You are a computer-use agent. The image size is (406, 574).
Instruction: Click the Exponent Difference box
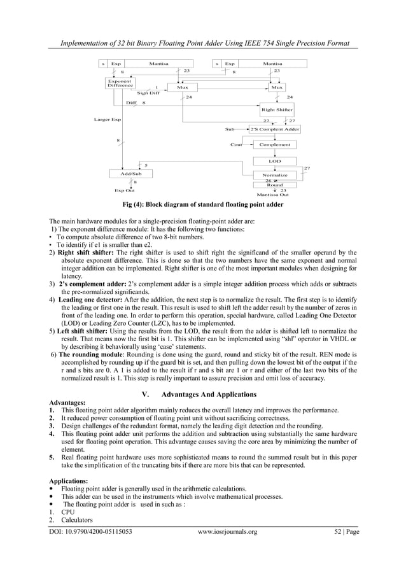coord(120,83)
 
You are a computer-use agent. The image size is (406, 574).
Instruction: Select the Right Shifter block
coord(277,109)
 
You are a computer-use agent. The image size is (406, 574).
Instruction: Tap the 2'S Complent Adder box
coord(275,129)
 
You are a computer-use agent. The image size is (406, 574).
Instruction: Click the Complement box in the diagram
coord(275,144)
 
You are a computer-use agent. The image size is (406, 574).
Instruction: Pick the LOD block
coord(275,162)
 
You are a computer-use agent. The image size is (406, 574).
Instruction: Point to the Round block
coord(275,185)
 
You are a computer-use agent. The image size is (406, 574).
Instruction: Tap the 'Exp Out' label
coord(124,190)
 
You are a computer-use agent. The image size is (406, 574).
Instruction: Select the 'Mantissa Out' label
coord(272,195)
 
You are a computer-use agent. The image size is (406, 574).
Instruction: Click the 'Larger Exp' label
coord(107,119)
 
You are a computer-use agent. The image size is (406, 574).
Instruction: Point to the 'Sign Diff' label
coord(148,93)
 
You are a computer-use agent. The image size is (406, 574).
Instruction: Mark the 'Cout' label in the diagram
coord(236,144)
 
